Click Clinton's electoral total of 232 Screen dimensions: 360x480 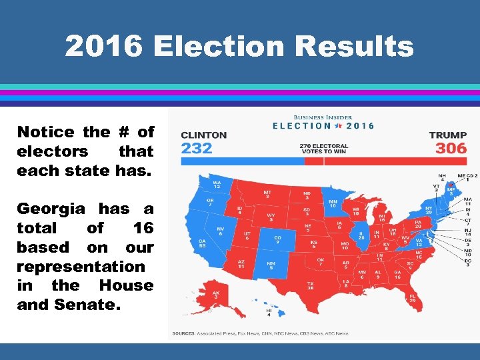197,147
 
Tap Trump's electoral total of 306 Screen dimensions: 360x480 451,147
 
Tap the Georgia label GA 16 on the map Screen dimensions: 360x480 397,273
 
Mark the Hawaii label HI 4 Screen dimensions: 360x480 269,313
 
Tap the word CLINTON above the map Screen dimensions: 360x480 204,135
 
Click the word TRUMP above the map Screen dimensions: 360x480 448,135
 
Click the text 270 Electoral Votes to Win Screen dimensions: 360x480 324,149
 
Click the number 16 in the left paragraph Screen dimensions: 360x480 143,228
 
